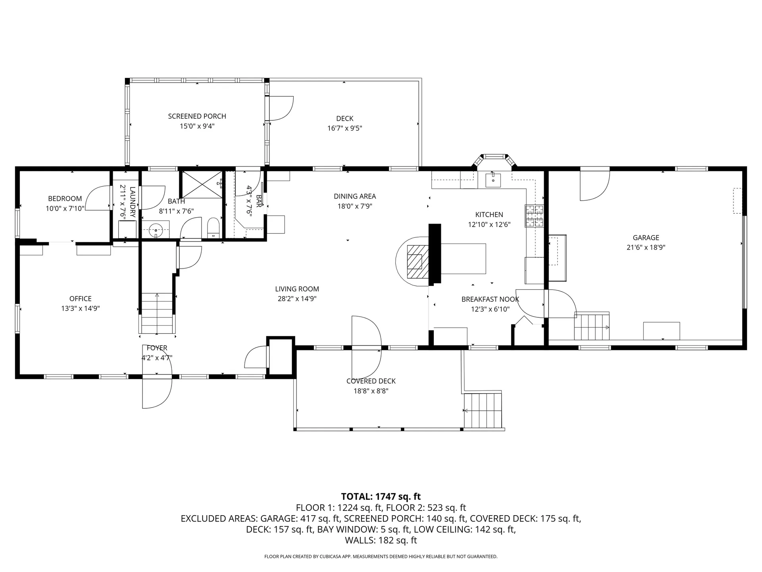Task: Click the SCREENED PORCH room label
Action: [x=197, y=116]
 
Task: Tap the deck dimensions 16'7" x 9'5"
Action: [x=344, y=128]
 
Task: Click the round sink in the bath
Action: [x=156, y=230]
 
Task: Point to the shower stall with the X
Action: [x=202, y=184]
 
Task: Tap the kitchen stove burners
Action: [x=534, y=216]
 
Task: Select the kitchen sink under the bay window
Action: [x=493, y=180]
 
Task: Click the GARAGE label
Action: [x=646, y=238]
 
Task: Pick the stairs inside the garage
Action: [x=591, y=327]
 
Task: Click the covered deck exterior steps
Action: [x=483, y=411]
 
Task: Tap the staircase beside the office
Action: [x=157, y=313]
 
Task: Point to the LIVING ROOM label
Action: [x=297, y=289]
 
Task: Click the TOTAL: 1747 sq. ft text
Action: [x=381, y=497]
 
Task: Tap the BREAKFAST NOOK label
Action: [x=490, y=299]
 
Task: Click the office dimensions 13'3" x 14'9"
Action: [x=80, y=309]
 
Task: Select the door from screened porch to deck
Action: [x=280, y=108]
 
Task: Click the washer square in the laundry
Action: [x=127, y=229]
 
